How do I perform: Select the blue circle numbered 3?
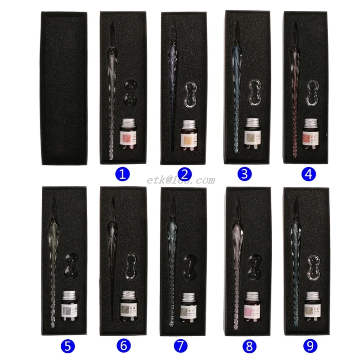(243, 174)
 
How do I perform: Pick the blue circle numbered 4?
(308, 174)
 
